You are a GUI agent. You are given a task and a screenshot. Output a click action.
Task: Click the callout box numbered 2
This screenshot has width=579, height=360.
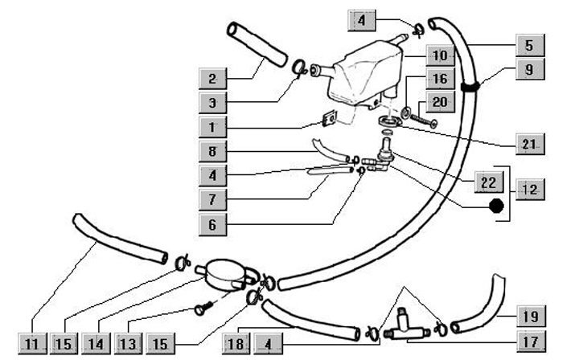click(x=212, y=79)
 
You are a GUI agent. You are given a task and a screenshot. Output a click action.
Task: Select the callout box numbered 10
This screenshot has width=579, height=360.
click(x=441, y=57)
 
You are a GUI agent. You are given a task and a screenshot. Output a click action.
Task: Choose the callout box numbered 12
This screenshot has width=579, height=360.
click(x=529, y=190)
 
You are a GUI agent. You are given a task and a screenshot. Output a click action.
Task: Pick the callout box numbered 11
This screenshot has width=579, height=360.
click(x=31, y=344)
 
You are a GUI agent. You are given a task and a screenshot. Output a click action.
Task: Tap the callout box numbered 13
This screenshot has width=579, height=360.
click(x=127, y=344)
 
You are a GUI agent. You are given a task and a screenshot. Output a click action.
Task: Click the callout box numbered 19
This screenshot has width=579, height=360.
click(x=529, y=314)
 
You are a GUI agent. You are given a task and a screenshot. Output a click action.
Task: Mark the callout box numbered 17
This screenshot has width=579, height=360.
click(x=529, y=340)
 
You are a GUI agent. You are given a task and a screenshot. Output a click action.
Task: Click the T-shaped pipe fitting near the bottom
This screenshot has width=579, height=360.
click(x=401, y=326)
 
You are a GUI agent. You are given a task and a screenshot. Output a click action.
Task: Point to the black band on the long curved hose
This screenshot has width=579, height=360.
click(x=472, y=83)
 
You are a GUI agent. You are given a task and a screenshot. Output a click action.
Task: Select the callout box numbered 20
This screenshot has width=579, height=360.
click(x=441, y=102)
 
